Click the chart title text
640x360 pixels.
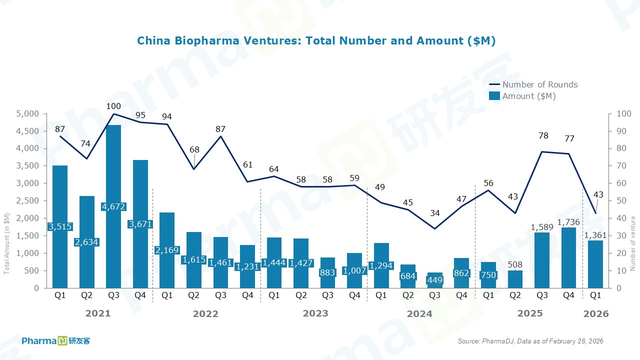coord(316,41)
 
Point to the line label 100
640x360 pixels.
coord(113,106)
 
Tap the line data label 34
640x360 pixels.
coord(435,213)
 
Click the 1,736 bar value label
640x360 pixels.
coord(569,221)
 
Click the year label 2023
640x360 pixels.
coord(315,313)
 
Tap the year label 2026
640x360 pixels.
coord(596,313)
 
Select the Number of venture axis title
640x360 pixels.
coord(632,243)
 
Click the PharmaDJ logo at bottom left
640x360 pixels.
coord(56,341)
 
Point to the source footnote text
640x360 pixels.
coord(530,341)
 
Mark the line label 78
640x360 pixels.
coord(542,136)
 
